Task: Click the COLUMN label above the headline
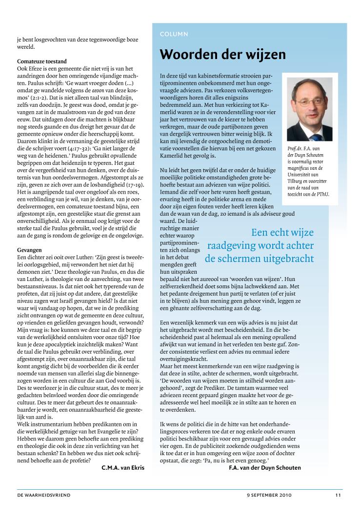tap(174, 34)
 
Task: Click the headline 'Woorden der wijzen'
tap(223, 54)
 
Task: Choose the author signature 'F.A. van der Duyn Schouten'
tap(265, 468)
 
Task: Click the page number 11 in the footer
tap(338, 495)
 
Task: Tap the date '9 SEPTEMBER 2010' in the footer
tap(269, 495)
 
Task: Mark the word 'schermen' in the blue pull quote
tap(280, 259)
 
